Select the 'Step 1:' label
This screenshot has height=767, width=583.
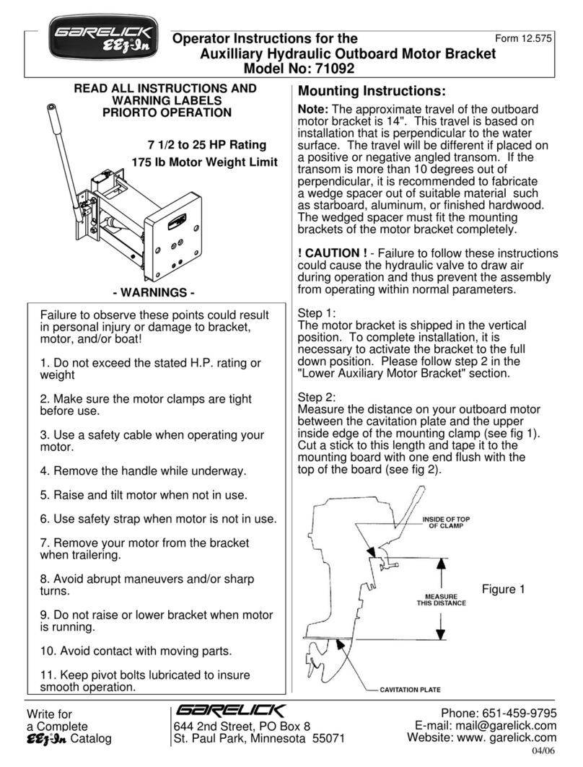coord(317,314)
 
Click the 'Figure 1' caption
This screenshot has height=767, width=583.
coord(503,590)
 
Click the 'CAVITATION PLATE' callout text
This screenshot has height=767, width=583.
coord(409,689)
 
